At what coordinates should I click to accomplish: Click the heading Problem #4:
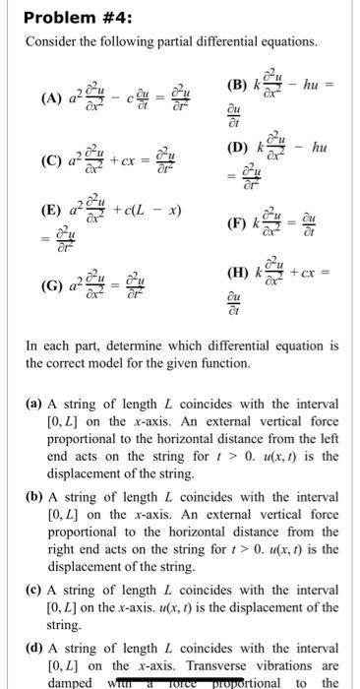click(67, 18)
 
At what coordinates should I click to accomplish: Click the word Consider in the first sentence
click(47, 42)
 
